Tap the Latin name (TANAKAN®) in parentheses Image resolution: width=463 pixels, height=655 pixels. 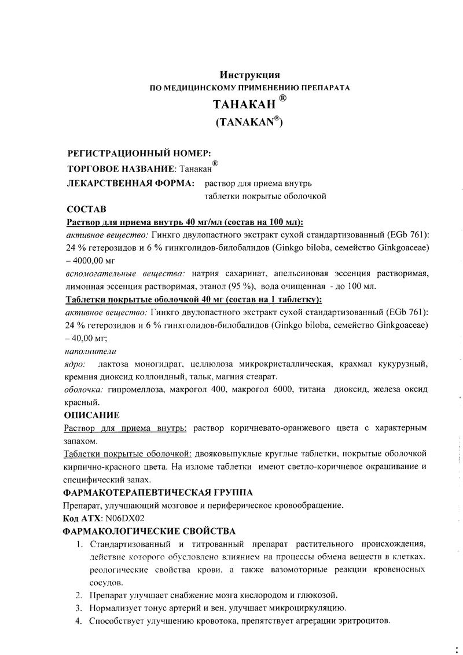click(249, 122)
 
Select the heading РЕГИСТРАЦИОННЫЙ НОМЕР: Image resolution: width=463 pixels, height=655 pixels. click(135, 153)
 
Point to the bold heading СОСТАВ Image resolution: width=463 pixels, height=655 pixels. click(86, 209)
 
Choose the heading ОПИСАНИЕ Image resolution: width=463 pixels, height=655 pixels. click(91, 415)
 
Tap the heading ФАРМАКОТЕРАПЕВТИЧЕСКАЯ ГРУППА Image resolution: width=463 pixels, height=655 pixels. click(157, 493)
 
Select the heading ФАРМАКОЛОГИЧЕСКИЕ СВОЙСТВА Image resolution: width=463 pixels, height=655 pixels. click(149, 531)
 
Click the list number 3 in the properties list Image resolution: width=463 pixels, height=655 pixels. click(79, 608)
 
